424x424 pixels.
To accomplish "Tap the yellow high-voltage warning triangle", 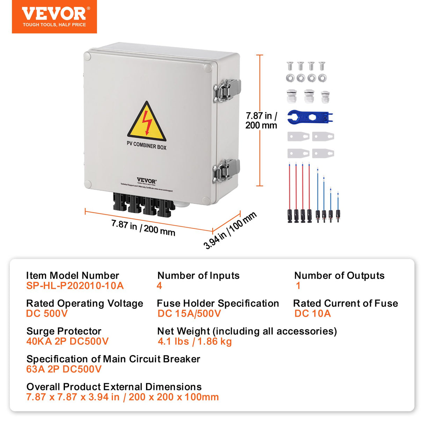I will (x=147, y=122).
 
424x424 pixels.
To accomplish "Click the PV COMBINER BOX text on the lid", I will (x=146, y=145).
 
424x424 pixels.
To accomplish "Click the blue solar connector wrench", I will (x=309, y=117).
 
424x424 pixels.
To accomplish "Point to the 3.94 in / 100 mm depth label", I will (x=230, y=231).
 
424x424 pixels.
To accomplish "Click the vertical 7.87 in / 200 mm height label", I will (x=261, y=120).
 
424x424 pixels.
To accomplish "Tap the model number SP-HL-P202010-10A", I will (x=75, y=286).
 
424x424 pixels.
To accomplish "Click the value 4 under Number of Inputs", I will (x=159, y=286).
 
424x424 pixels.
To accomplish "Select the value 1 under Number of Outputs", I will (x=298, y=286).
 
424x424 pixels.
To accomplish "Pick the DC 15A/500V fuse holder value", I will (x=189, y=314).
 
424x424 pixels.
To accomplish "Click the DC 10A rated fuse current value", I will (x=312, y=314).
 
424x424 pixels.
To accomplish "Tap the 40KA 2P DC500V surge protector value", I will (x=67, y=341).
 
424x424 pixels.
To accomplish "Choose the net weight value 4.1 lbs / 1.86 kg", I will (x=195, y=341).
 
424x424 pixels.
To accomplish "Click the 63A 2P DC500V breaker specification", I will (x=64, y=369).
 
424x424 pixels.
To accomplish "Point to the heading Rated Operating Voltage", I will (x=85, y=303).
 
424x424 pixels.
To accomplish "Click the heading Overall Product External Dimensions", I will (x=114, y=387).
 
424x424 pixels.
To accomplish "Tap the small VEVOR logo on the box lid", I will (x=146, y=181).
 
